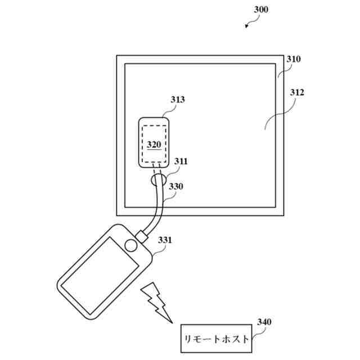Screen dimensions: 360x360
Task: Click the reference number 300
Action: [262, 10]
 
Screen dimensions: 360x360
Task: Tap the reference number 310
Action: [294, 59]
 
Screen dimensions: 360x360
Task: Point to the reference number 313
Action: [178, 100]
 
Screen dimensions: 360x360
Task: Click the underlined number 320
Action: [154, 144]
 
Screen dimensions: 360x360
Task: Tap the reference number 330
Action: [176, 186]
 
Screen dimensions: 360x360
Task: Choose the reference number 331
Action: [165, 240]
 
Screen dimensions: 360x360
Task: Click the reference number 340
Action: [264, 322]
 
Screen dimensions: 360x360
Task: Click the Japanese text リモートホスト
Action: [215, 340]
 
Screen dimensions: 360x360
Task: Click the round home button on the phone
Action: [131, 245]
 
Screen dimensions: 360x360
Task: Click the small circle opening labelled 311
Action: [158, 180]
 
